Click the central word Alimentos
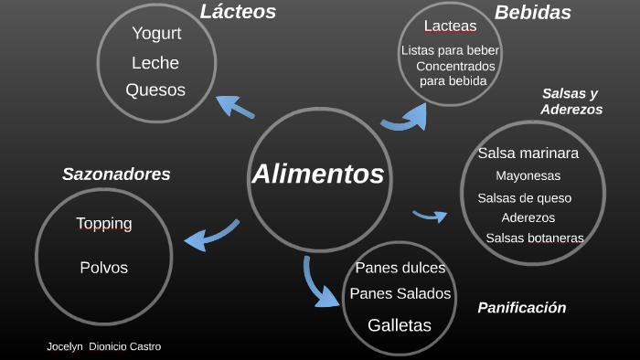tap(317, 174)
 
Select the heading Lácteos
tap(238, 12)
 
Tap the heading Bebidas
tap(533, 13)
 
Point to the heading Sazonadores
tap(116, 174)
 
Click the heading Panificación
tap(521, 308)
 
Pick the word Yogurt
tap(156, 34)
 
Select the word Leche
tap(155, 63)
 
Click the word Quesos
tap(155, 90)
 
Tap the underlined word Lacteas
tap(450, 26)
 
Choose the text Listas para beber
tap(451, 50)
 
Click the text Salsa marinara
tap(528, 154)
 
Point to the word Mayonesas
tap(528, 175)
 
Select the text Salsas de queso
tap(525, 197)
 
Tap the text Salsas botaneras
tap(534, 238)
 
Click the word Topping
tap(104, 224)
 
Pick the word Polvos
tap(104, 268)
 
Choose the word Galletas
tap(400, 324)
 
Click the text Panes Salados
tap(400, 293)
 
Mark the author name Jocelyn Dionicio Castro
tap(103, 347)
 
